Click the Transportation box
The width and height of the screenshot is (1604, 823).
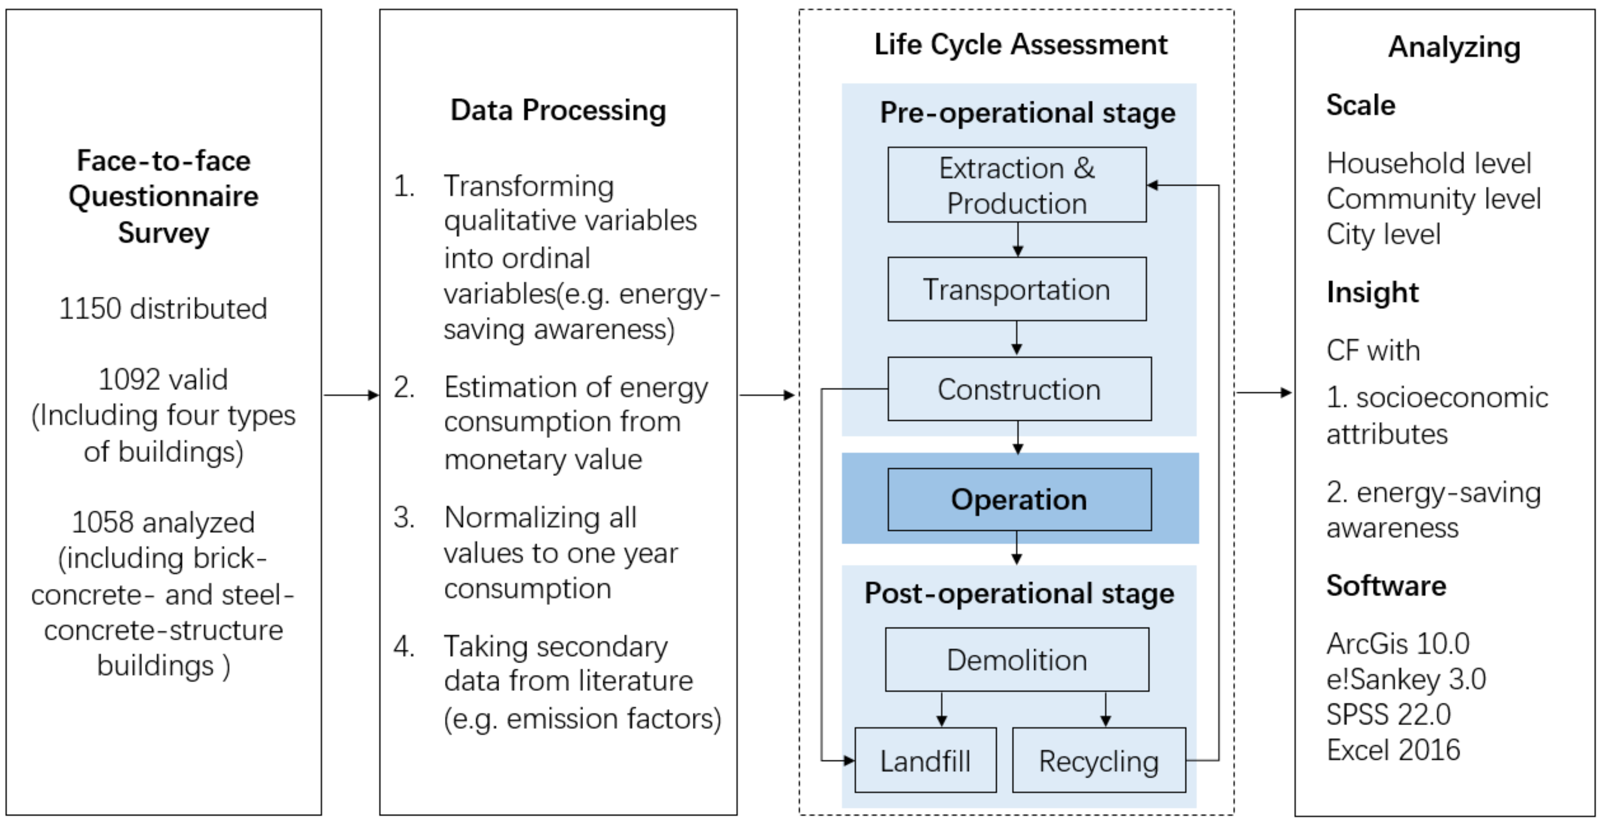click(x=1016, y=290)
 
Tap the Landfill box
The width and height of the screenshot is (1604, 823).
click(x=925, y=760)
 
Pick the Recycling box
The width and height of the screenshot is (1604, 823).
click(x=1099, y=760)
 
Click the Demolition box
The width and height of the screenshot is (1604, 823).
click(x=1016, y=660)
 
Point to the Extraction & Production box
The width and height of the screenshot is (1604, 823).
click(x=1016, y=185)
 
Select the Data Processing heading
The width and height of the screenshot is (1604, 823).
click(x=558, y=110)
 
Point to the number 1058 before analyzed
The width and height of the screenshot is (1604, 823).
click(x=101, y=522)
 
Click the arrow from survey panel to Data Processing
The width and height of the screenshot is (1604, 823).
click(x=351, y=395)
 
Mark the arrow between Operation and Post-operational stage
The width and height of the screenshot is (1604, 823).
click(x=1016, y=548)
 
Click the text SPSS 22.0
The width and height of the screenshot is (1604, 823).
click(x=1388, y=714)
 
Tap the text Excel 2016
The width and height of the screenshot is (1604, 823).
click(x=1393, y=749)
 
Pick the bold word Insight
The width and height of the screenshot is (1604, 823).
click(x=1372, y=292)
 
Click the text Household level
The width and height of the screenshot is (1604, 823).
click(x=1428, y=163)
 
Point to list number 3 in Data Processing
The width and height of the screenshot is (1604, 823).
click(x=404, y=517)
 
